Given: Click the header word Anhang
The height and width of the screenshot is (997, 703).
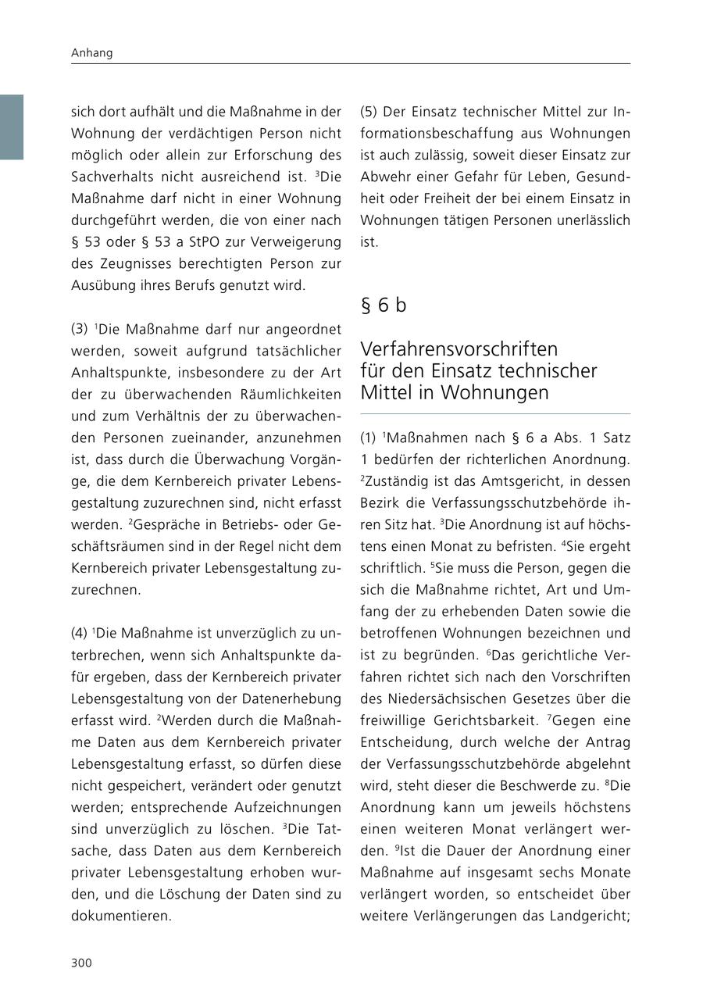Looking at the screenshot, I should [x=91, y=53].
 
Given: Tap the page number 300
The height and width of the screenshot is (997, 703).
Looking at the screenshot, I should [x=81, y=963].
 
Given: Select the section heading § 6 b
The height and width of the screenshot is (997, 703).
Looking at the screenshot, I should [x=383, y=306].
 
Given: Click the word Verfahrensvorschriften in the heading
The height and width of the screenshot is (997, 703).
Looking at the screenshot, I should [x=459, y=348].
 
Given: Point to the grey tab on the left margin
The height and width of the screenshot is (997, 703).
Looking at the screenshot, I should [x=12, y=127].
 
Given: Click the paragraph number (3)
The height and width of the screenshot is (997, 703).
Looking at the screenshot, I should [x=80, y=329].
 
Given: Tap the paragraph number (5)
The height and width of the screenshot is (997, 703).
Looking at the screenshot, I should [x=369, y=112].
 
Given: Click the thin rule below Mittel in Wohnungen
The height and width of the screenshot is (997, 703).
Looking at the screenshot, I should [x=494, y=413].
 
